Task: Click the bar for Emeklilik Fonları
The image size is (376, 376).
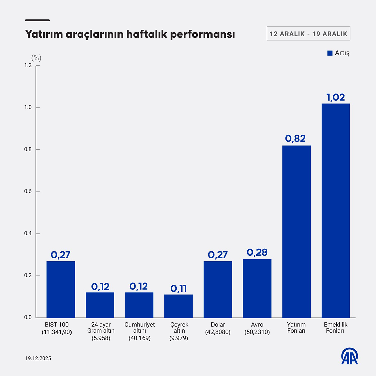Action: (x=335, y=210)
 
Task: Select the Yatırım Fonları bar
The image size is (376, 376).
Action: (x=296, y=232)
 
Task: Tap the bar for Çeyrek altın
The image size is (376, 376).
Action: (x=178, y=306)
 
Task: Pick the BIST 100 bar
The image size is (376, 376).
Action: (x=60, y=289)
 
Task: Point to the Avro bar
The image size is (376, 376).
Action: (x=257, y=288)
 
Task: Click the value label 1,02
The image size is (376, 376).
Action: (x=335, y=97)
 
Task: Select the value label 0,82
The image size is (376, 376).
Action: (x=295, y=139)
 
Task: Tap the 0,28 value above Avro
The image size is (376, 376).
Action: (x=257, y=252)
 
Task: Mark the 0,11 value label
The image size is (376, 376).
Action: (x=178, y=289)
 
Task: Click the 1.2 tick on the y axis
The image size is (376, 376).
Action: (x=28, y=65)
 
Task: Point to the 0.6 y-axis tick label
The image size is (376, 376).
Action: (x=28, y=192)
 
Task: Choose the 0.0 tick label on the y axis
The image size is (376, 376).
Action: (x=28, y=318)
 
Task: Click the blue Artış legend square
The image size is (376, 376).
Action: (x=330, y=53)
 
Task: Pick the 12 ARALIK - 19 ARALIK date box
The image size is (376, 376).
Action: (x=308, y=34)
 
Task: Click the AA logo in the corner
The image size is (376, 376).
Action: (x=349, y=356)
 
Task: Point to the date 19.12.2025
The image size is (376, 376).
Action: (x=38, y=358)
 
